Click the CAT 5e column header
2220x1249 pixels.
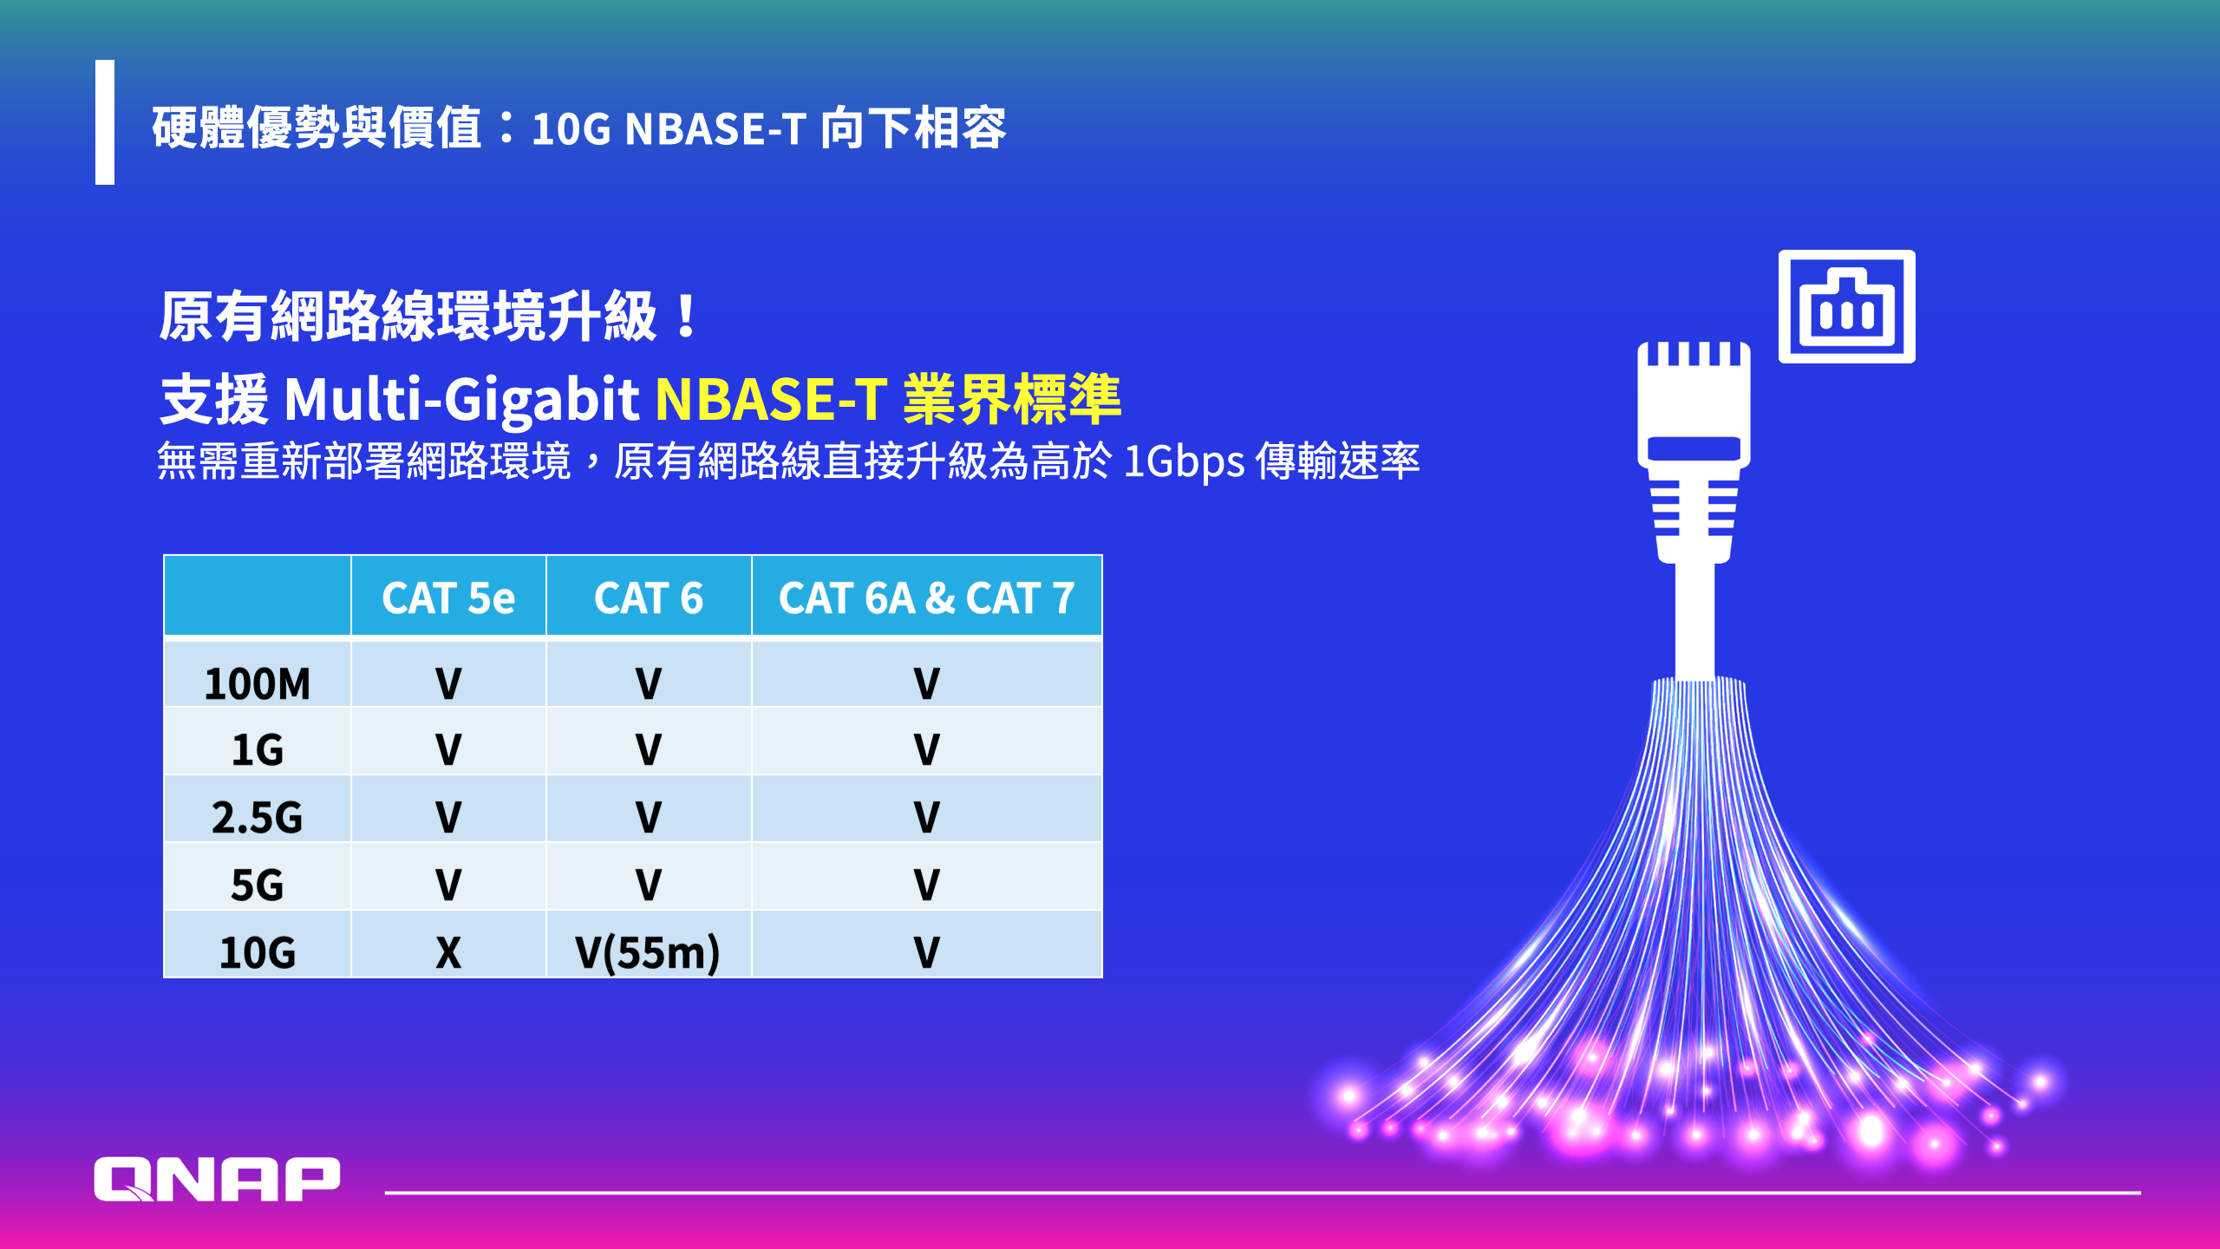448,598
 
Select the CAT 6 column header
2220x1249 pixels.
649,598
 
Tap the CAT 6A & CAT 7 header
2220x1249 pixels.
926,598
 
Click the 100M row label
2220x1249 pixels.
257,683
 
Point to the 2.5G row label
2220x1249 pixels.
257,817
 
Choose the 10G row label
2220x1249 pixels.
257,952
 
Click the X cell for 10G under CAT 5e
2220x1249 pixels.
448,952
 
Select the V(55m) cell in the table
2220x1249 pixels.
648,952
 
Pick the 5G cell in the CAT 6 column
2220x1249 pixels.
649,885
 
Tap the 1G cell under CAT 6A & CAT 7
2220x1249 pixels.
926,749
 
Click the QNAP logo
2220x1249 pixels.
217,1179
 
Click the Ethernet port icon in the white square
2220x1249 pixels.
1847,306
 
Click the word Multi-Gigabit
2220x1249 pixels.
461,401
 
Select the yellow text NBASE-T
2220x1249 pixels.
772,399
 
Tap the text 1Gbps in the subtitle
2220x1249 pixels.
1185,461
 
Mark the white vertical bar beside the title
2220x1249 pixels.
105,122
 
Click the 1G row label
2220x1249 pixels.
257,749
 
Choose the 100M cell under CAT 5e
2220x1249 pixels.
448,683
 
